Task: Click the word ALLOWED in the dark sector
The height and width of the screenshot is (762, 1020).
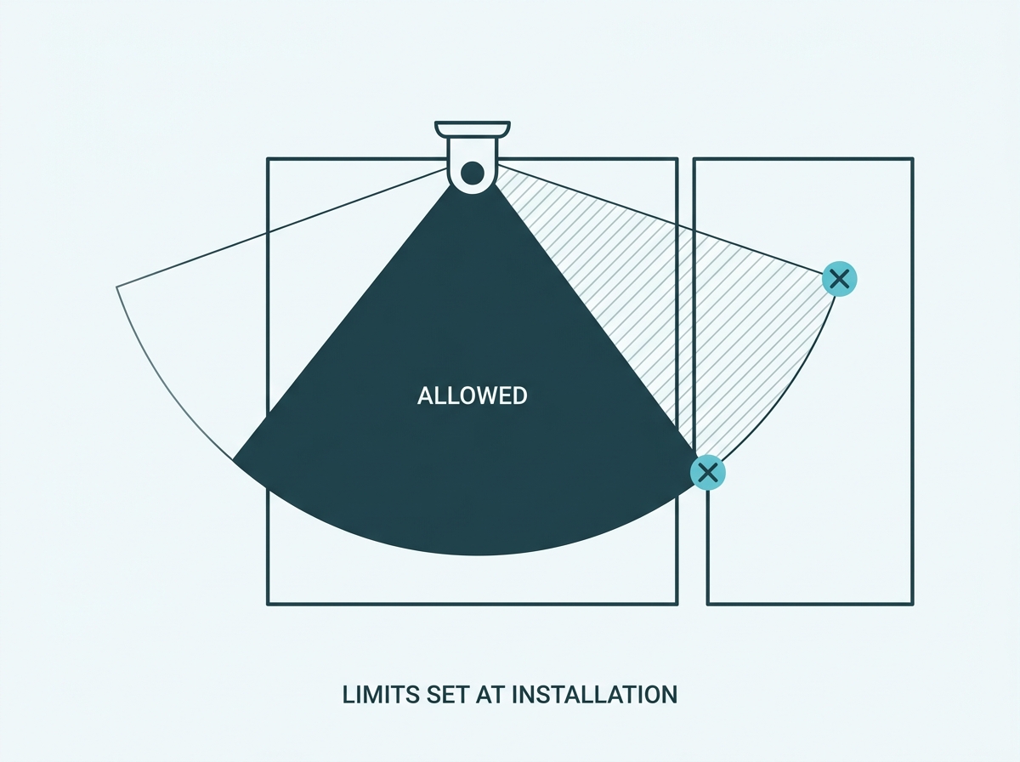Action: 472,395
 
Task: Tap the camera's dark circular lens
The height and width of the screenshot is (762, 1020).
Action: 473,173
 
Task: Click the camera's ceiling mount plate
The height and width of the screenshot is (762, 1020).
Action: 473,128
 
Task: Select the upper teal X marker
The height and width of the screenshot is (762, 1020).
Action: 839,279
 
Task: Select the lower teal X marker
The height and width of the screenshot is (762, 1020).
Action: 708,473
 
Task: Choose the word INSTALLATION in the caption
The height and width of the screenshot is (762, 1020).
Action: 595,695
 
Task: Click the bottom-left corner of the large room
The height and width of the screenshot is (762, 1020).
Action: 268,605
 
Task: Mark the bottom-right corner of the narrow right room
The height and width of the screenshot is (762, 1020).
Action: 913,605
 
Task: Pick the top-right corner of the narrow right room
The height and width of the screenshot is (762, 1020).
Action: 913,158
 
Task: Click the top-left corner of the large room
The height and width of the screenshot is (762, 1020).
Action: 268,158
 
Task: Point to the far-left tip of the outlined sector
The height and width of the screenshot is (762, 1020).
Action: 116,287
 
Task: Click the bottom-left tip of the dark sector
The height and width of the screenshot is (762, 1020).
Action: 232,459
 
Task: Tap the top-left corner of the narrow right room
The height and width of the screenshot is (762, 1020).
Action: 694,158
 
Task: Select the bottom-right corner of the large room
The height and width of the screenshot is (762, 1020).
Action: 677,605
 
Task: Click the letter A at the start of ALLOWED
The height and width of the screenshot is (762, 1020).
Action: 424,395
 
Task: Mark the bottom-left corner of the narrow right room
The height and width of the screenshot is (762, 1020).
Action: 708,605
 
